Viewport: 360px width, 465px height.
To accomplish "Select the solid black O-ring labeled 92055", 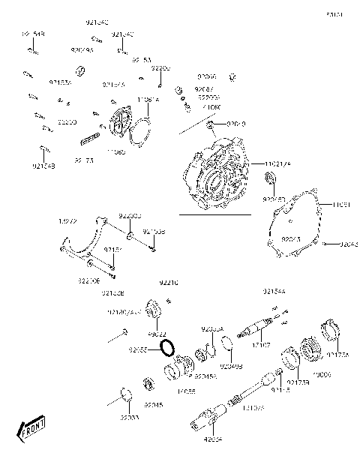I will click(169, 348).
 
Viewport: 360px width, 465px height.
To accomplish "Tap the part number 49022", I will click(157, 334).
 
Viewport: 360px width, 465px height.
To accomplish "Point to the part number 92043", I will click(349, 244).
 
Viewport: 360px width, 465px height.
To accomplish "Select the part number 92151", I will click(112, 249).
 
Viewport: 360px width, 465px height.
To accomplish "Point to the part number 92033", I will click(130, 417).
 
